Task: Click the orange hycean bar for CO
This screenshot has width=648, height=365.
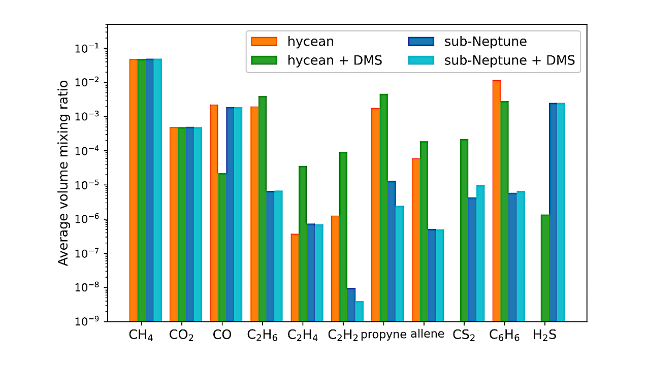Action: (x=214, y=213)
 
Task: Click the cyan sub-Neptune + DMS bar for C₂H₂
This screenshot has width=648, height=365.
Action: (x=359, y=311)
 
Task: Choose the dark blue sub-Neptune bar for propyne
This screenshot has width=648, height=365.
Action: (x=392, y=251)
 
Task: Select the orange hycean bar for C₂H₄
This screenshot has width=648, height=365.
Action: (x=295, y=277)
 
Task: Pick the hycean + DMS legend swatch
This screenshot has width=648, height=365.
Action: (x=265, y=60)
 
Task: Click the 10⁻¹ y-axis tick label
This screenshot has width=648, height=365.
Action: (x=91, y=48)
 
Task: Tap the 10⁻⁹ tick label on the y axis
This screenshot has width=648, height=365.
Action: (x=91, y=321)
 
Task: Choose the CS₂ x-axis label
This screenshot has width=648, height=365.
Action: (x=464, y=336)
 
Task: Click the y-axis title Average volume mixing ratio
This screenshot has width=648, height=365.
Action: (x=63, y=173)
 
